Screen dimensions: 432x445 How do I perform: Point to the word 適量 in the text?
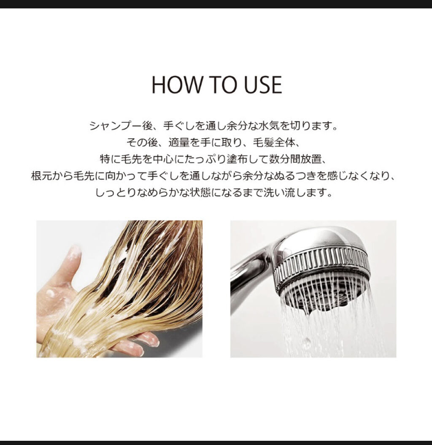[x=179, y=143]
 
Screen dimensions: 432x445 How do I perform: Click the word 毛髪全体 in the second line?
[x=274, y=143]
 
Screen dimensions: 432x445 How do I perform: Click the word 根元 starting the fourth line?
[x=41, y=176]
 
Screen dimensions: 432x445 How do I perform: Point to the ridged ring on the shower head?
[x=324, y=265]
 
